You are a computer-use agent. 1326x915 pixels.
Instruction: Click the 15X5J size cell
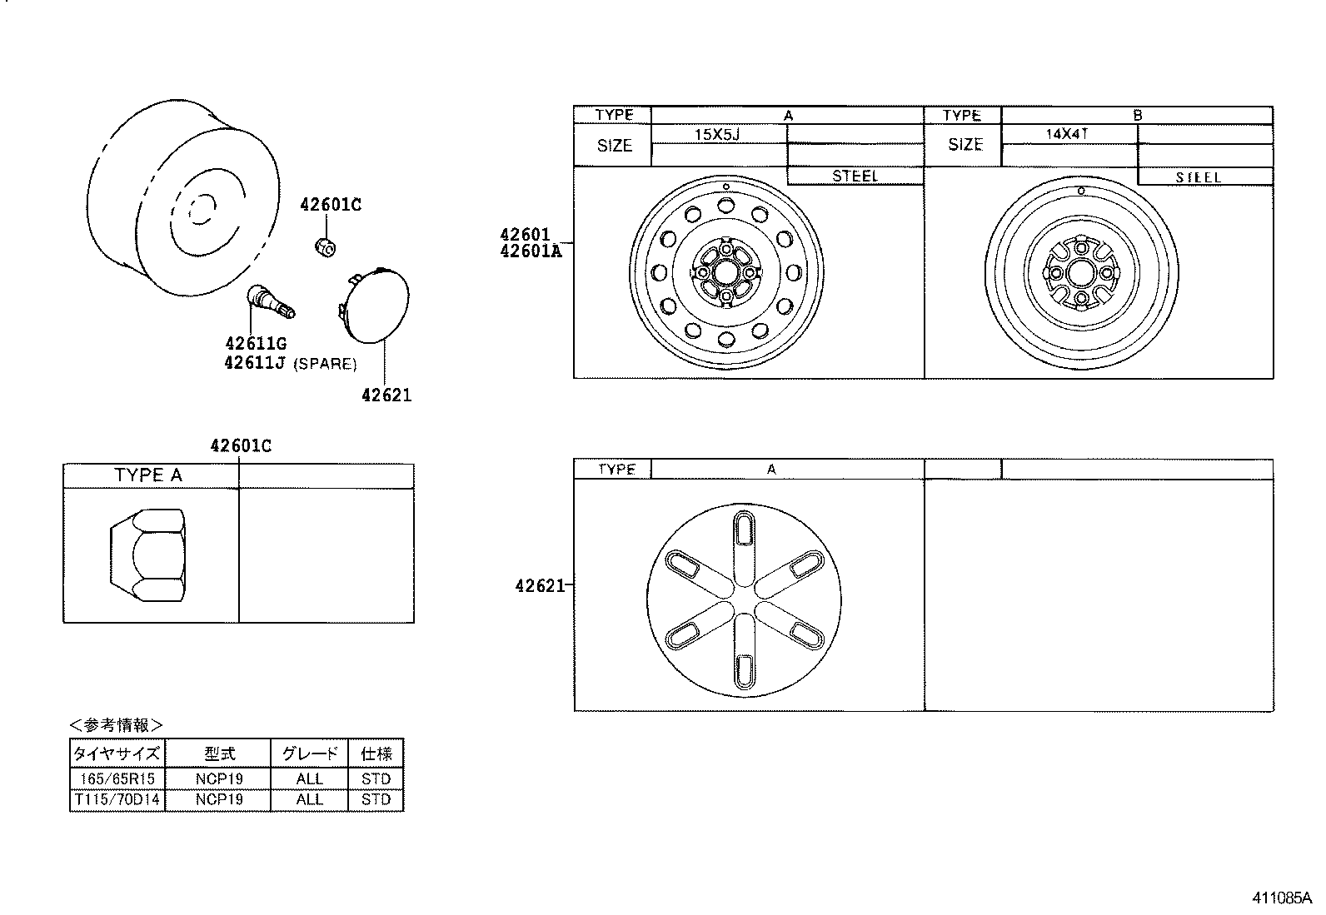717,134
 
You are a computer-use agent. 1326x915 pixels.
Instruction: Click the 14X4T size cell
1068,133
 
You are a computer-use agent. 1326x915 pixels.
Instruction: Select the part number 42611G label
255,343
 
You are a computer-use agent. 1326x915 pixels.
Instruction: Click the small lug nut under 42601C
325,246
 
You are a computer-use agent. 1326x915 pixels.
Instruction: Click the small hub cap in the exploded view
375,306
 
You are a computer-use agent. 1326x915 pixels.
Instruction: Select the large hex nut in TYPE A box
147,555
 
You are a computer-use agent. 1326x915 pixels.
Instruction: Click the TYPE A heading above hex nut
148,475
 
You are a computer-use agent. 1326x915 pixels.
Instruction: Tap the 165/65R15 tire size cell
117,778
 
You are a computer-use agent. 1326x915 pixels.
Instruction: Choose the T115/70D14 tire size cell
117,799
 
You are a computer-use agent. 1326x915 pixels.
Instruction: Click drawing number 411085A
1281,898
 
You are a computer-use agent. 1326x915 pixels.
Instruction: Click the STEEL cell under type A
855,176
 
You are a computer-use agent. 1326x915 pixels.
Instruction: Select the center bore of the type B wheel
1081,272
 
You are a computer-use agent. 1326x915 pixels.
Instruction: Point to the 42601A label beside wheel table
531,250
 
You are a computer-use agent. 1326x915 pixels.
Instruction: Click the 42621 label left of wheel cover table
540,585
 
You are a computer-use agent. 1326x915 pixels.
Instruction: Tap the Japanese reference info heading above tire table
117,724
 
